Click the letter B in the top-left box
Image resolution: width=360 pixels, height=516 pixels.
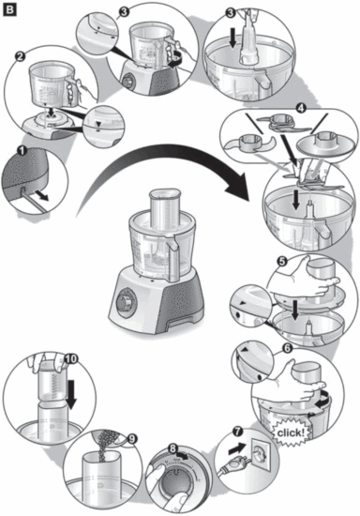(11, 11)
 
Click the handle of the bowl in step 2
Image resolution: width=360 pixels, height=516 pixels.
(79, 89)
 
